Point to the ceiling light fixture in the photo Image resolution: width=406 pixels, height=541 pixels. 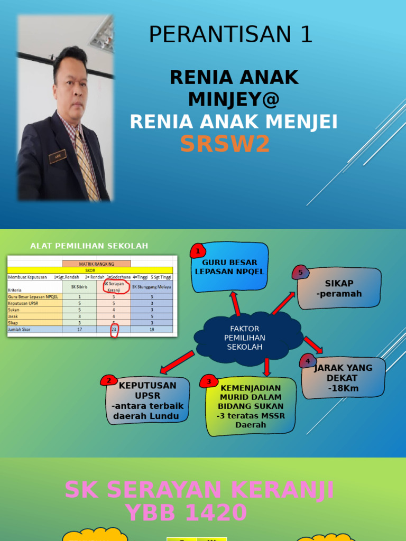tap(102, 35)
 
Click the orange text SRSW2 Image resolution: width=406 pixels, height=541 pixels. tap(225, 144)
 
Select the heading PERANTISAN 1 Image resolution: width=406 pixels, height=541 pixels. tap(230, 35)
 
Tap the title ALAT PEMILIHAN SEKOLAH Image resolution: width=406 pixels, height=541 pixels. tap(89, 246)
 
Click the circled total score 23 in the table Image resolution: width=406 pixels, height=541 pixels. tap(114, 330)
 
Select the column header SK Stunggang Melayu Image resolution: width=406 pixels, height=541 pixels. tap(152, 287)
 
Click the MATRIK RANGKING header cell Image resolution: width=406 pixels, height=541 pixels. tap(96, 264)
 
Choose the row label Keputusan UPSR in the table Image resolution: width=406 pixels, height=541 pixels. tap(26, 303)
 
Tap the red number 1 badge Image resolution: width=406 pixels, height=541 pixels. tap(197, 251)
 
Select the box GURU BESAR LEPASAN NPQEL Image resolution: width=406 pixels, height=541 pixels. tap(229, 267)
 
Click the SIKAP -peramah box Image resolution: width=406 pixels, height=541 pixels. tap(339, 288)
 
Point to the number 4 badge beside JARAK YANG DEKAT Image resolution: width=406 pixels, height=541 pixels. tap(307, 361)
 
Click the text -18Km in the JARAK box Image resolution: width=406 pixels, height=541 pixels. tap(343, 388)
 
